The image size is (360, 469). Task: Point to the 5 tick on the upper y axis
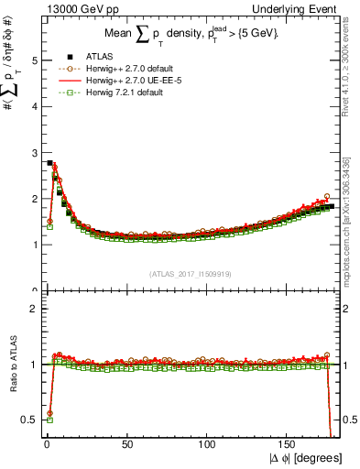coord(34,60)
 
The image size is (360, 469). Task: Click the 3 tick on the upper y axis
coord(34,153)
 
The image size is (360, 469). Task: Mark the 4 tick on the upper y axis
coord(34,106)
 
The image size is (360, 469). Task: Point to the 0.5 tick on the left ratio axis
coord(30,420)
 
